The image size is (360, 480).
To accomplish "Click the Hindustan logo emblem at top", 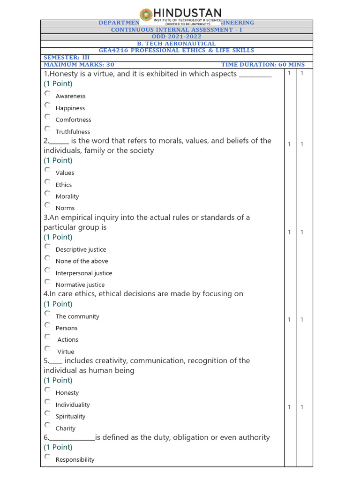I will pyautogui.click(x=146, y=15).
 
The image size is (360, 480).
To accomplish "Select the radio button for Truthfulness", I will pyautogui.click(x=47, y=128).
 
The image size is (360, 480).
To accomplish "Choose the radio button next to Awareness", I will pyautogui.click(x=47, y=93).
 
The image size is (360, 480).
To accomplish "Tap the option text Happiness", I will pyautogui.click(x=70, y=108).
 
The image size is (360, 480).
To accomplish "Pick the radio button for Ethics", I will pyautogui.click(x=47, y=181).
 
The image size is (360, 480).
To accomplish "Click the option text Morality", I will pyautogui.click(x=67, y=196).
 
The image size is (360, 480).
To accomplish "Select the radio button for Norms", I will pyautogui.click(x=47, y=205).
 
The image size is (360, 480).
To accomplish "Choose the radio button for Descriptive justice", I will pyautogui.click(x=47, y=246).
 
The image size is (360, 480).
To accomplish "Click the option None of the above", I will pyautogui.click(x=82, y=261).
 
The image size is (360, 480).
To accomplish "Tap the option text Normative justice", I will pyautogui.click(x=80, y=285).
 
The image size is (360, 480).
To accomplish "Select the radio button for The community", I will pyautogui.click(x=47, y=313).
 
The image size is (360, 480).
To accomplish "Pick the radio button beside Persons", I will pyautogui.click(x=47, y=325).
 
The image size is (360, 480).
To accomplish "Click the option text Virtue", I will pyautogui.click(x=66, y=352).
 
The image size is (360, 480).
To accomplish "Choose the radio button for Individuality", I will pyautogui.click(x=47, y=402).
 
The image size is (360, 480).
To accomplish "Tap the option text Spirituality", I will pyautogui.click(x=70, y=416).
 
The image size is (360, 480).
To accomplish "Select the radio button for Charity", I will pyautogui.click(x=47, y=425).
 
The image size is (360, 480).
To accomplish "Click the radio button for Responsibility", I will pyautogui.click(x=47, y=456).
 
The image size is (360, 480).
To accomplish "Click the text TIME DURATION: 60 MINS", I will pyautogui.click(x=262, y=65).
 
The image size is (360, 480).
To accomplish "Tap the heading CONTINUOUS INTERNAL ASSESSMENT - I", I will pyautogui.click(x=176, y=30).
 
